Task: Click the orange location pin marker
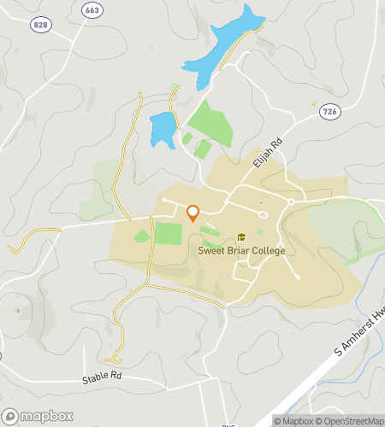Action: [x=192, y=213]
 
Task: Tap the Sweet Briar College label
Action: [x=241, y=251]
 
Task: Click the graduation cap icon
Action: [x=241, y=237]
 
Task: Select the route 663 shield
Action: [x=92, y=9]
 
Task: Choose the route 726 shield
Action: [x=329, y=111]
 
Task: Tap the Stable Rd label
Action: [x=103, y=377]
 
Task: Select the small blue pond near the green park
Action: [x=162, y=129]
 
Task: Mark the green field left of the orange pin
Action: [x=168, y=233]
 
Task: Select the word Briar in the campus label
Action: [x=236, y=251]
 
